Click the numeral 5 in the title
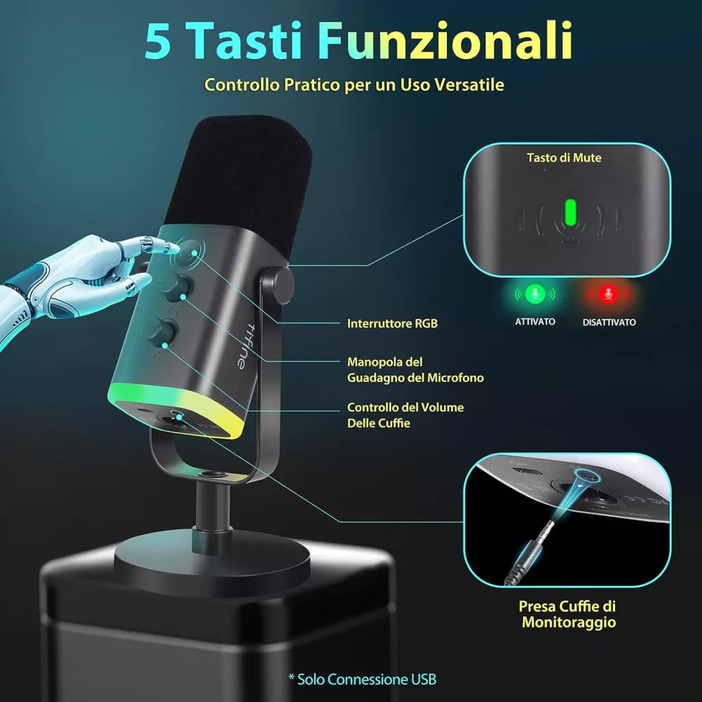pyautogui.click(x=158, y=40)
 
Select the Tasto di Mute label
pyautogui.click(x=564, y=158)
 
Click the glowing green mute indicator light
pyautogui.click(x=570, y=213)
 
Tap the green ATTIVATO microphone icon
pyautogui.click(x=535, y=293)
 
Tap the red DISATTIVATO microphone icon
pyautogui.click(x=608, y=294)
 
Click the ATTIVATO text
pyautogui.click(x=535, y=322)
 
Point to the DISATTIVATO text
pyautogui.click(x=609, y=322)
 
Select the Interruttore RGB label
pyautogui.click(x=392, y=324)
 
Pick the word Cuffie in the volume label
pyautogui.click(x=396, y=423)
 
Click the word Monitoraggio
pyautogui.click(x=568, y=622)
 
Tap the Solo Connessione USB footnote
pyautogui.click(x=363, y=679)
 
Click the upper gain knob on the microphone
pyautogui.click(x=175, y=285)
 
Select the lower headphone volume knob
pyautogui.click(x=162, y=332)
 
